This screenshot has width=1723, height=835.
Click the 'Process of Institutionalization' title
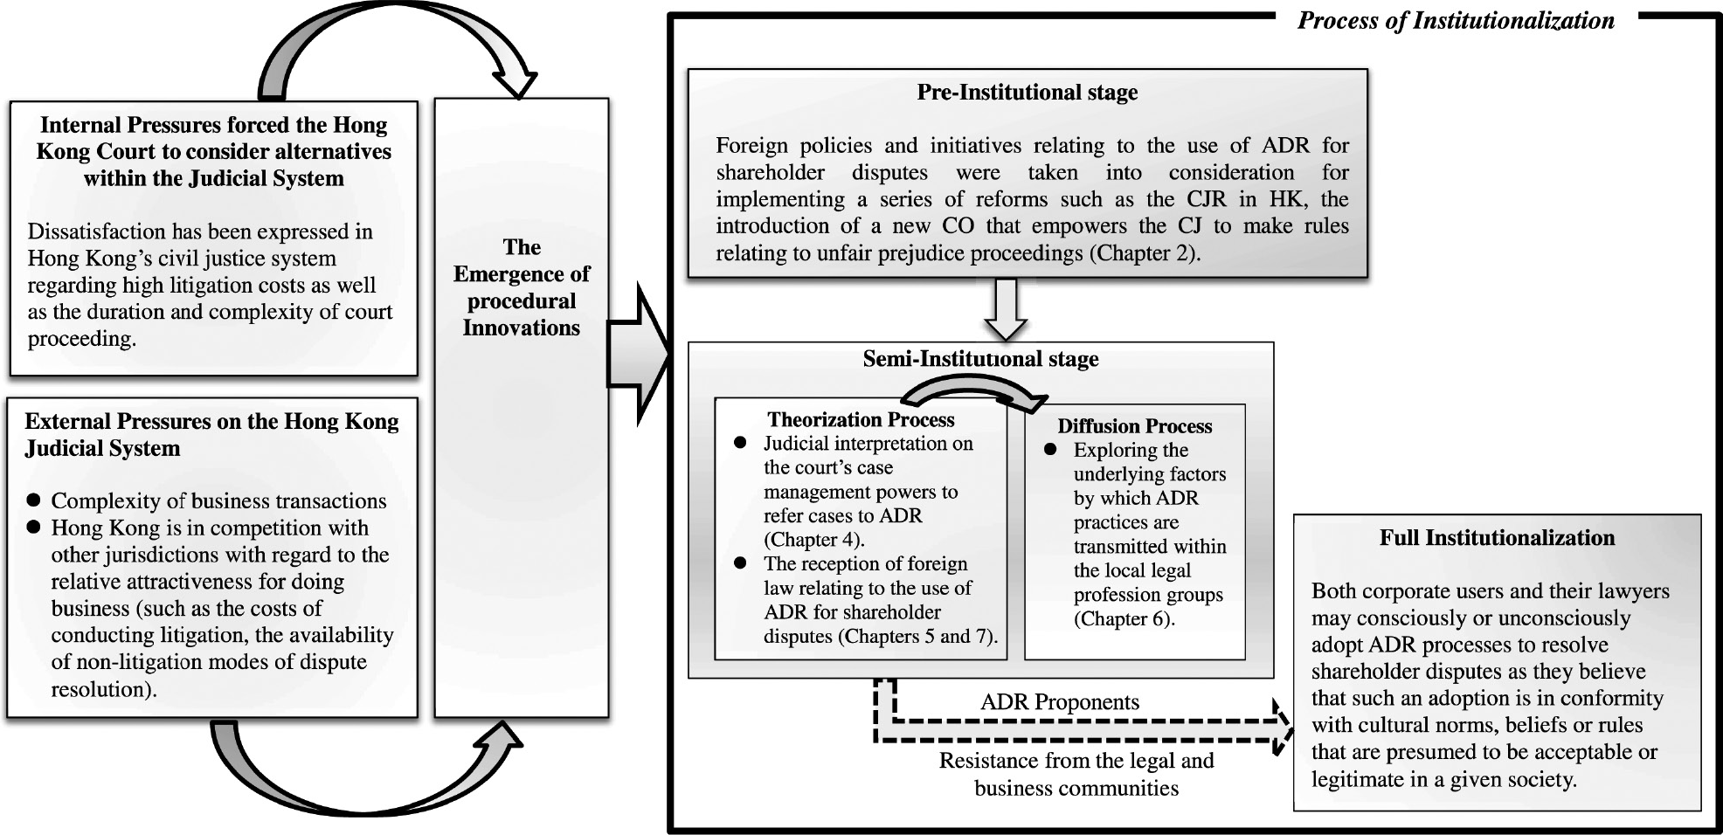pos(1456,20)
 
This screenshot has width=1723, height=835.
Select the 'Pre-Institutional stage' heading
pos(1027,92)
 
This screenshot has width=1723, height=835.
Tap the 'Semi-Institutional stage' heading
pos(980,359)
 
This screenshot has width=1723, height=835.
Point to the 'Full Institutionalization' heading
pos(1497,537)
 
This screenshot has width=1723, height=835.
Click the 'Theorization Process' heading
pos(861,419)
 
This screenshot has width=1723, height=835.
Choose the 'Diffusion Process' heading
pos(1134,425)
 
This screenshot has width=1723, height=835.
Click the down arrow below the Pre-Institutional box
pos(1006,309)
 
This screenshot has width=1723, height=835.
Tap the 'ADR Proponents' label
pos(1060,702)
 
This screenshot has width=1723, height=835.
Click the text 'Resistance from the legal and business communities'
pos(1076,774)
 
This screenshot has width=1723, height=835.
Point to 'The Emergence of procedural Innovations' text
pos(522,287)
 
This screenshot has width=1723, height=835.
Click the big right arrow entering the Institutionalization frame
pos(639,354)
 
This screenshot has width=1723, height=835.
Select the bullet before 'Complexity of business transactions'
pos(34,500)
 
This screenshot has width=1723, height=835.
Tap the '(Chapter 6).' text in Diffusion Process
pos(1124,619)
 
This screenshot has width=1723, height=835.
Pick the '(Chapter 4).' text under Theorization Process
pos(814,540)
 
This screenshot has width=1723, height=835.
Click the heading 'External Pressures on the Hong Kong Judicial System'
pos(211,434)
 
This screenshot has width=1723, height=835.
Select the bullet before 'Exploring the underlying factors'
pos(1050,450)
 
